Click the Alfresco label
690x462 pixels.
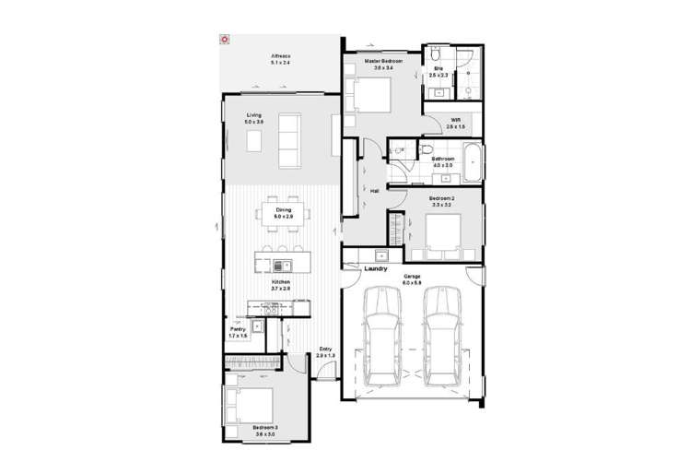pos(280,58)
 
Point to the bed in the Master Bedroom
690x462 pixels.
pos(368,95)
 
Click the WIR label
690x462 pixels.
pos(456,120)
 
